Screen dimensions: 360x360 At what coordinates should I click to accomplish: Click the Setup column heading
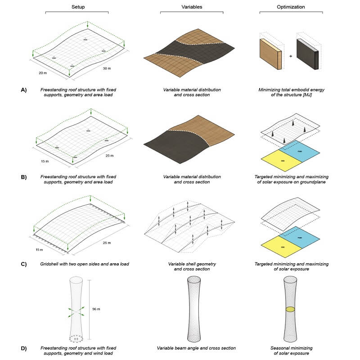(x=78, y=8)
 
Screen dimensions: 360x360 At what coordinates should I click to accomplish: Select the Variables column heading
(x=192, y=8)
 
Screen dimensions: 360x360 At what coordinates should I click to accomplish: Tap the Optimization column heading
(x=290, y=8)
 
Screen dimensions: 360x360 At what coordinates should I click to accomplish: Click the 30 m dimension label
(x=107, y=68)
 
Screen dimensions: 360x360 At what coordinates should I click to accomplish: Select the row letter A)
(x=24, y=90)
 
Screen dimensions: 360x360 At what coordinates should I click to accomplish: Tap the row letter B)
(x=24, y=176)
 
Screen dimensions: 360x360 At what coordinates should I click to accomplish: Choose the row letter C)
(x=24, y=264)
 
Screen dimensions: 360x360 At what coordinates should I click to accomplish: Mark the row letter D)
(x=24, y=348)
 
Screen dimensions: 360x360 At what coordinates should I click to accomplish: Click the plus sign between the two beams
(x=290, y=56)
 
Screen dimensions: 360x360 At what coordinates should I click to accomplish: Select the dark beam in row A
(x=308, y=54)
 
